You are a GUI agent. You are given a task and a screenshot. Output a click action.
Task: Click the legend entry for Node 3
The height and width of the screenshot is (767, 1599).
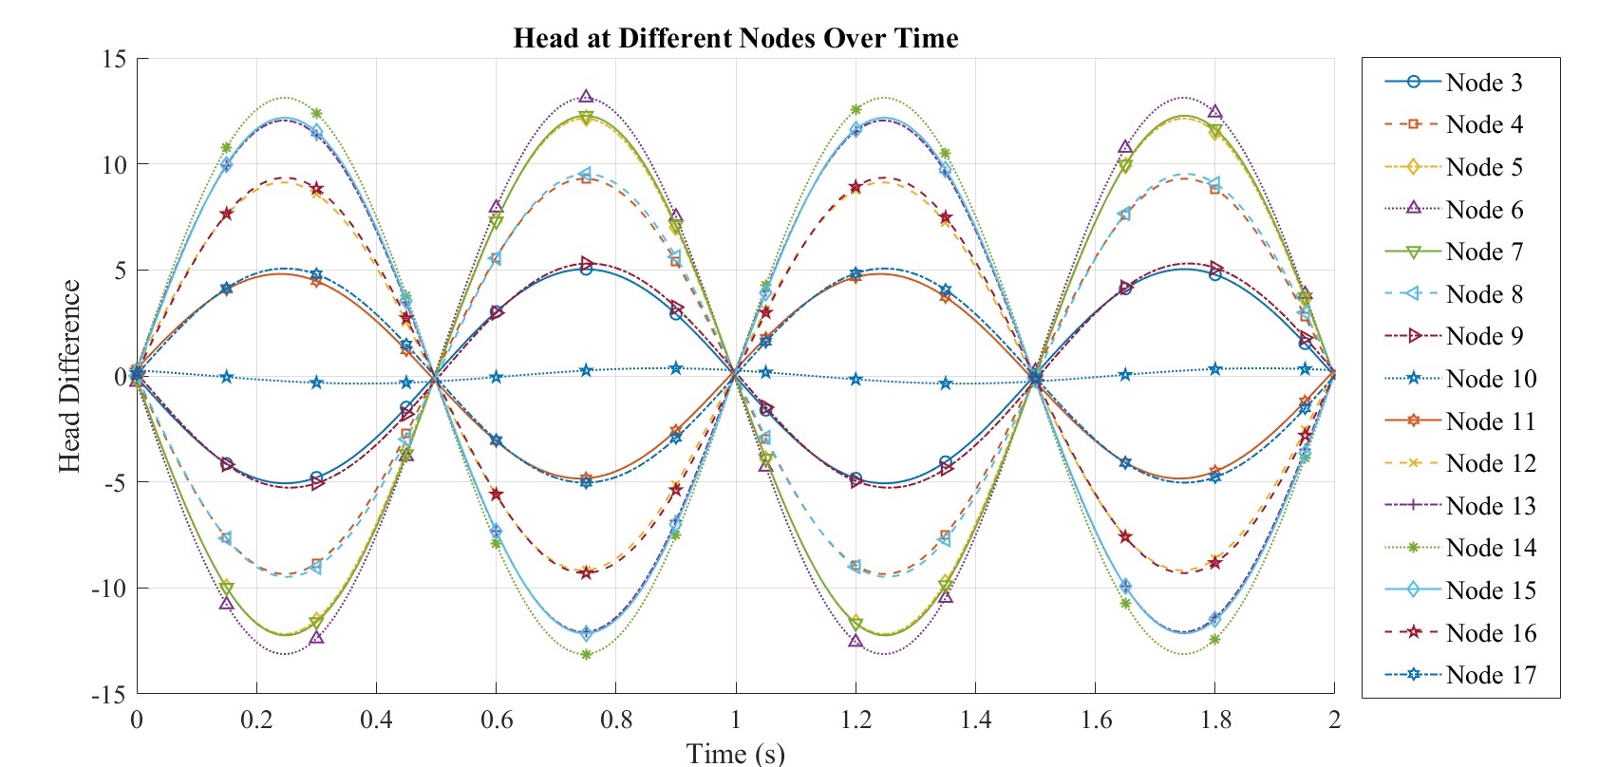click(x=1483, y=83)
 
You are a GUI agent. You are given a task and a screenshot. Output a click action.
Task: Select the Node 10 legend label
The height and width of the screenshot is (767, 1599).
click(x=1491, y=379)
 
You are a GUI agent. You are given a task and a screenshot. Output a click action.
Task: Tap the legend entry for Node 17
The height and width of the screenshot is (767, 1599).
click(x=1491, y=675)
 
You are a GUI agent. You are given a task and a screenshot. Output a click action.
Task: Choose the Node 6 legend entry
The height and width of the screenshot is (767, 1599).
click(x=1483, y=210)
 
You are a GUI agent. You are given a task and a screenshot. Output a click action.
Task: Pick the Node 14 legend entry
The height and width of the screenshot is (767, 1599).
click(x=1491, y=548)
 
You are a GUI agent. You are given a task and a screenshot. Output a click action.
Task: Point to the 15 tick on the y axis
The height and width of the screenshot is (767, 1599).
click(x=113, y=59)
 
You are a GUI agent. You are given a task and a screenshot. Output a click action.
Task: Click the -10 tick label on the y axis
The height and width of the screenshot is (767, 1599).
click(x=107, y=589)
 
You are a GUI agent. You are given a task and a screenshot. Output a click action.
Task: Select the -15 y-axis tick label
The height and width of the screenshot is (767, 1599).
click(x=107, y=695)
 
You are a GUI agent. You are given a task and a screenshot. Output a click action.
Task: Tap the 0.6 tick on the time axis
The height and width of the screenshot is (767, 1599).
click(x=496, y=720)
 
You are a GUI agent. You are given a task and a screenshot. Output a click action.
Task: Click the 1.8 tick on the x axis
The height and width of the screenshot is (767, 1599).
click(x=1214, y=720)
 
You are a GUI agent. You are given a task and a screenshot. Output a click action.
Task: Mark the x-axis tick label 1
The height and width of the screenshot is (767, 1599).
click(x=735, y=720)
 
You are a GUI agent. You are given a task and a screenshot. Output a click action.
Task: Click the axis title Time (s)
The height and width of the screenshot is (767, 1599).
click(x=735, y=754)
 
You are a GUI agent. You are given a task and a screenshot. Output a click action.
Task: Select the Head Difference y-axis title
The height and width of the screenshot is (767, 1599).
click(x=69, y=376)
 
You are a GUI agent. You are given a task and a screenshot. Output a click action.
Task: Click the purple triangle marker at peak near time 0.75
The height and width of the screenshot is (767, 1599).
click(x=586, y=96)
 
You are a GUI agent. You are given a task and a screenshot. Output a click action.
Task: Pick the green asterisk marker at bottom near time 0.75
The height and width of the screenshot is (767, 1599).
click(x=586, y=654)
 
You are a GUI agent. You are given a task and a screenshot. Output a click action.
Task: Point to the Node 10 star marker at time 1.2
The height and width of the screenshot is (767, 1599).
click(x=856, y=379)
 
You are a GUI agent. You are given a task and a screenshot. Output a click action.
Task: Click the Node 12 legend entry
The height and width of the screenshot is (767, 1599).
click(x=1491, y=463)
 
